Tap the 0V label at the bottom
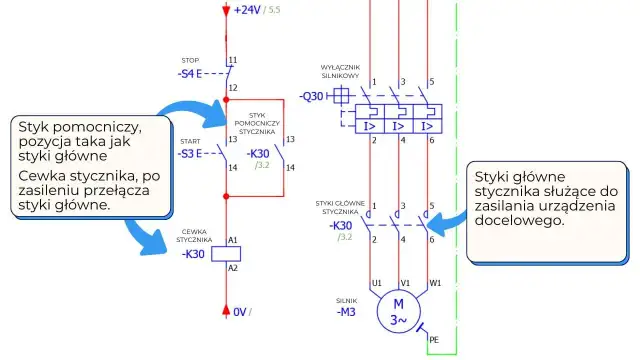click(x=240, y=312)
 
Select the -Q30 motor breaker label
click(x=311, y=96)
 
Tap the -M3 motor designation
click(x=347, y=311)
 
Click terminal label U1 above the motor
click(x=377, y=282)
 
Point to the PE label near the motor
click(x=433, y=340)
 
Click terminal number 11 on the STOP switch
click(x=233, y=60)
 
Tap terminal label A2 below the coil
click(x=233, y=268)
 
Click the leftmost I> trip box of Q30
click(x=369, y=127)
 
